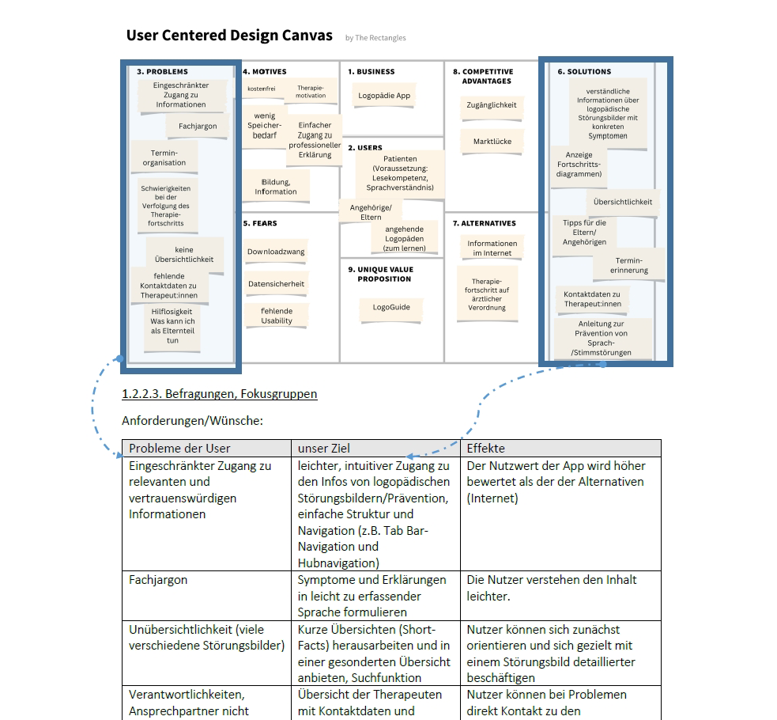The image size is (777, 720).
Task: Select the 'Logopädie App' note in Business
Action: point(384,96)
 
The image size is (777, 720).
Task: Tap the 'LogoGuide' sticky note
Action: point(391,307)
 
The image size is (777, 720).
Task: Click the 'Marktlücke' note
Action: point(492,142)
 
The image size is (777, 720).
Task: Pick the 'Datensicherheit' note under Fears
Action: point(276,283)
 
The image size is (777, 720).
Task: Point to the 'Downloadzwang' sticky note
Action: point(276,252)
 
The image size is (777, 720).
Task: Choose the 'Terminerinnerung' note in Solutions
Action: point(628,265)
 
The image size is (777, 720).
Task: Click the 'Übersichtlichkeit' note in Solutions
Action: point(623,202)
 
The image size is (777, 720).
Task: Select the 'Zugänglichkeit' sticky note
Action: point(492,105)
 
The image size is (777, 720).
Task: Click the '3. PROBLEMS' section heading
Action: point(162,72)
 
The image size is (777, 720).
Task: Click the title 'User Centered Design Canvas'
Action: point(229,36)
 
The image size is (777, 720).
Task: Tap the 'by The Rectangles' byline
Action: point(375,38)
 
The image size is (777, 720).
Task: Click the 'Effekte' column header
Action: point(485,448)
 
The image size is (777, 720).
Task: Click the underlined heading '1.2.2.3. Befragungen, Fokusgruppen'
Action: point(220,393)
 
